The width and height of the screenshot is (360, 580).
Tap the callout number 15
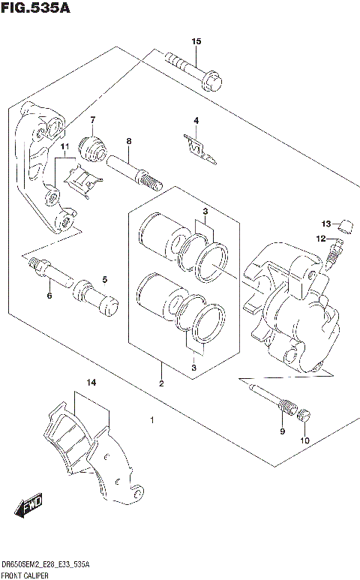pyautogui.click(x=196, y=41)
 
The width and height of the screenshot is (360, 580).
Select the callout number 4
pyautogui.click(x=196, y=121)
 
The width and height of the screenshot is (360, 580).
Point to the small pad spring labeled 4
pyautogui.click(x=199, y=149)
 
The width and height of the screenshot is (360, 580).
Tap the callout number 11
pyautogui.click(x=65, y=146)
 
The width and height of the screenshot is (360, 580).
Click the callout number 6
pyautogui.click(x=49, y=296)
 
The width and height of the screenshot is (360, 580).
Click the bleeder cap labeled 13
pyautogui.click(x=346, y=224)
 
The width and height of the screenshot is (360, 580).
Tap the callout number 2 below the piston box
pyautogui.click(x=160, y=383)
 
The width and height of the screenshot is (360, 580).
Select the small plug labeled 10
pyautogui.click(x=304, y=416)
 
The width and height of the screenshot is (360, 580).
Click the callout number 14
pyautogui.click(x=91, y=383)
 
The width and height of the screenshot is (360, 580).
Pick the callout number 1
pyautogui.click(x=152, y=420)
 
